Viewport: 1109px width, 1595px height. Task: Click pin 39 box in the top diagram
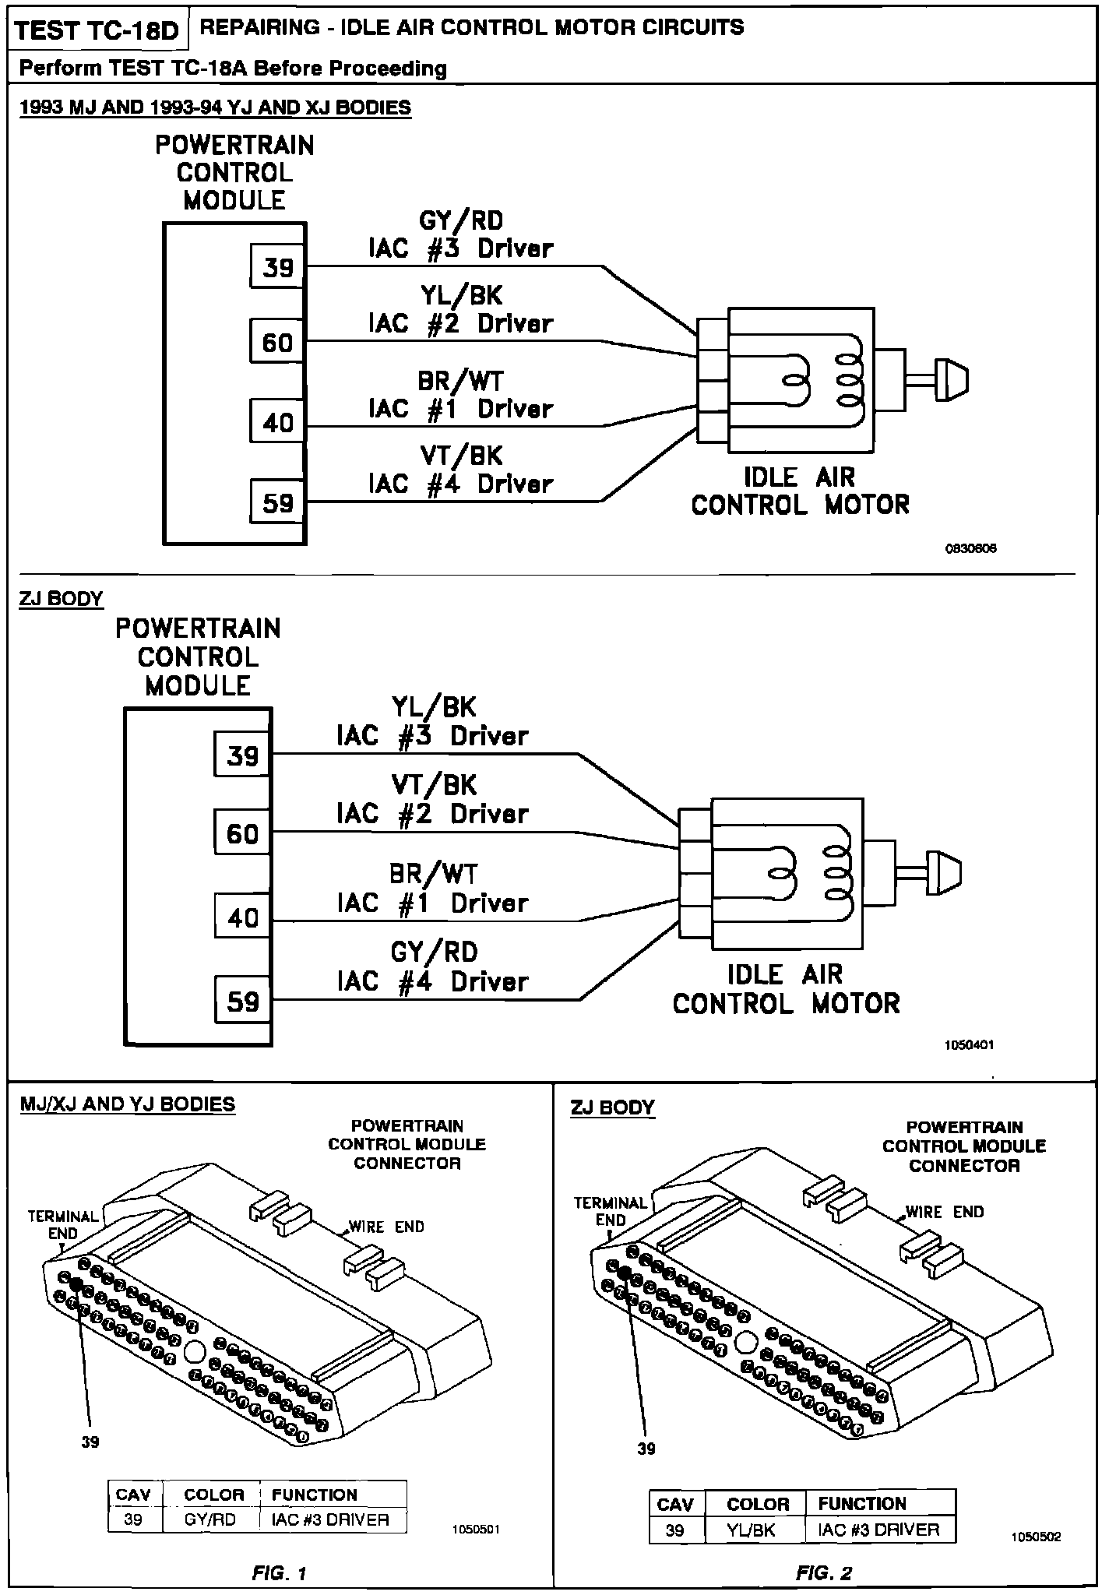point(277,267)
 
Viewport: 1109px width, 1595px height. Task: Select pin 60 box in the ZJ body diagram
point(242,833)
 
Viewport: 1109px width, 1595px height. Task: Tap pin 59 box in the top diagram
point(277,502)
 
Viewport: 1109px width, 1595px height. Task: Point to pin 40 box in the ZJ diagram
point(242,917)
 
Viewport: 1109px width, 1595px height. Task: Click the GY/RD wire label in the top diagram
point(461,221)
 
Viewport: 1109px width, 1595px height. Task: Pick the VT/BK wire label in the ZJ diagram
point(434,785)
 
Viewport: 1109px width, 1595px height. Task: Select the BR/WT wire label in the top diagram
point(461,381)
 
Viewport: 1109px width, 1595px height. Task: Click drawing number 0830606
point(970,548)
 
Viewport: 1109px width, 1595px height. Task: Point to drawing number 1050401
point(970,1045)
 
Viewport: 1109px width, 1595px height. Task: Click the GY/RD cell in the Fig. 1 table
point(210,1519)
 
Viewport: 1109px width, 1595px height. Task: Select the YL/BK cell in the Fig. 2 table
point(751,1530)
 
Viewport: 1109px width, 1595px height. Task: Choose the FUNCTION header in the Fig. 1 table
point(314,1495)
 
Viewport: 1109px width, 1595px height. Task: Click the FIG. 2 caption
point(823,1572)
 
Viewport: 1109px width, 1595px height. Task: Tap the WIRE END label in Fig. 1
point(386,1227)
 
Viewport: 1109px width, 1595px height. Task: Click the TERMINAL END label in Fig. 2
point(611,1211)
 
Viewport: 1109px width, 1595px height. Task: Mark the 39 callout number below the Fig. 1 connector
point(90,1442)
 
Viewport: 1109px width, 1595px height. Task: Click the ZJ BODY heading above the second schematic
point(61,598)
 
